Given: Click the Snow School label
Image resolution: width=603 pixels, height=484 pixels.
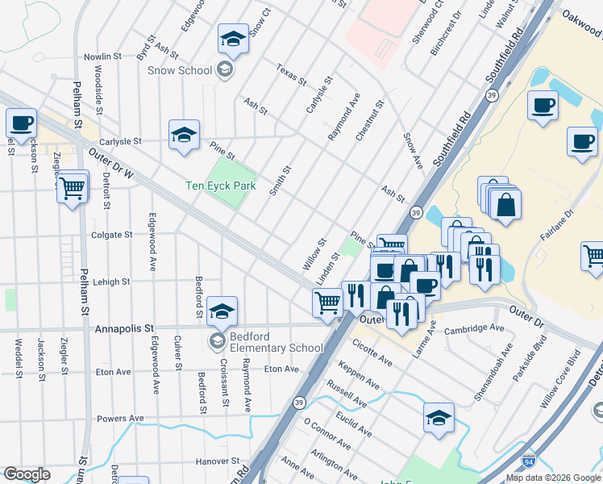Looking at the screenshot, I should coord(179,70).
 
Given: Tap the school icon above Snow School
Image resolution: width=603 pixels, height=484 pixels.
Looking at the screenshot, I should coord(232,40).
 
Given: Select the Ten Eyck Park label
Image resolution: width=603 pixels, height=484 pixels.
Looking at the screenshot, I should coord(220,186).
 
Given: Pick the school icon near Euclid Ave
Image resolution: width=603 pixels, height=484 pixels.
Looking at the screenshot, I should coord(438,419).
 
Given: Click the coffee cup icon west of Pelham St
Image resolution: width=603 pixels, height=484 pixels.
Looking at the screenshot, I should coord(22,124).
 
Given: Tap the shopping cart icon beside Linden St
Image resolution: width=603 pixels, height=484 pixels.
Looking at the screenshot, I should coord(327,303).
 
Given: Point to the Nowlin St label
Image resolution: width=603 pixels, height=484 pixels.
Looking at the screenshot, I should coord(102,57).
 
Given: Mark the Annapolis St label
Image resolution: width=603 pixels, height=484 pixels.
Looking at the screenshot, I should coord(123,329).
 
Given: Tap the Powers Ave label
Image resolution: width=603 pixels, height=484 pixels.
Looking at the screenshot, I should coord(119,419).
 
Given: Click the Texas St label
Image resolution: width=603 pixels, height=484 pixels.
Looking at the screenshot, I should coord(291,75).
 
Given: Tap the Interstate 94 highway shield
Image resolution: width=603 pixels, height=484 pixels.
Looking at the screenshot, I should coord(528,461).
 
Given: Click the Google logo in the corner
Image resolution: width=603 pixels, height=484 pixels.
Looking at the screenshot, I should coord(27,474).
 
